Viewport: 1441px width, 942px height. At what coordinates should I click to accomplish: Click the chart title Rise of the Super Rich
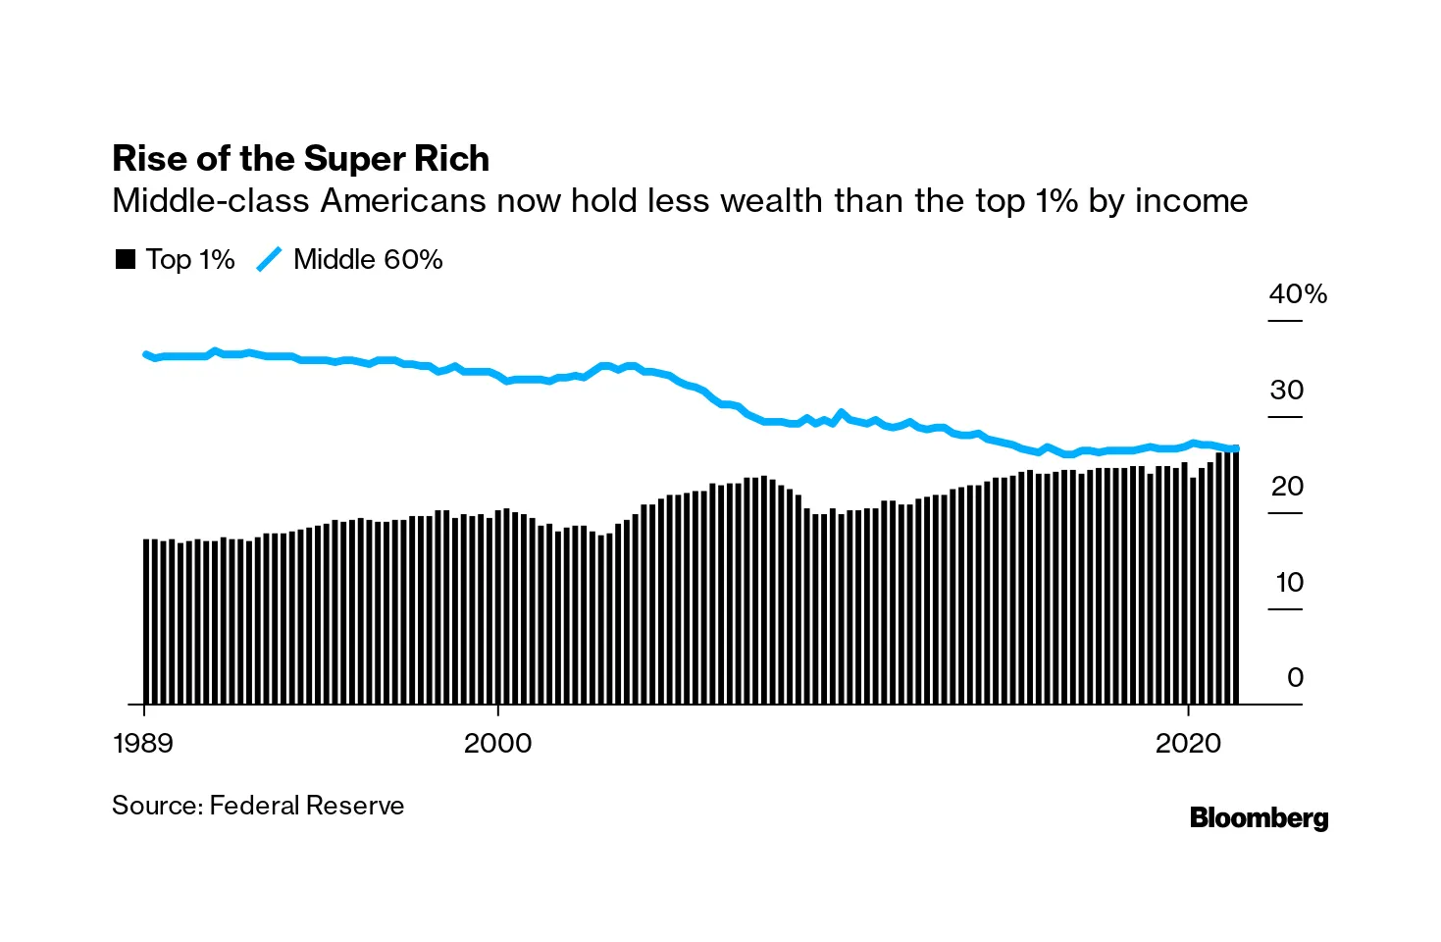[x=300, y=159]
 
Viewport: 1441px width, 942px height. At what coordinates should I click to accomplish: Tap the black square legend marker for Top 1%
[x=126, y=259]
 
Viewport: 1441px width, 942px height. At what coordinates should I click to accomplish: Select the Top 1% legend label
[x=190, y=259]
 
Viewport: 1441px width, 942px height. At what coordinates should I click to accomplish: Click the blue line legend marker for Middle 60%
[x=269, y=259]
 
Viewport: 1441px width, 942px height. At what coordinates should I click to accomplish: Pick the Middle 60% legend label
[x=368, y=259]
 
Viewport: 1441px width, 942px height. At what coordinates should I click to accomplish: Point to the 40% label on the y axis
[x=1297, y=293]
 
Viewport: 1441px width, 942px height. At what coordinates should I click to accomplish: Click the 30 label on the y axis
[x=1286, y=390]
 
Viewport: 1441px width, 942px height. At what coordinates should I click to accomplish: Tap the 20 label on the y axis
[x=1286, y=486]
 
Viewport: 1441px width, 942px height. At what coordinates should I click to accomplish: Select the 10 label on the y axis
[x=1288, y=582]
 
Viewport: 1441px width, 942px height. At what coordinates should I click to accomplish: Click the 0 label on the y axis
[x=1295, y=677]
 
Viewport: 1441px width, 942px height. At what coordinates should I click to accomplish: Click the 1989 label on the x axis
[x=143, y=743]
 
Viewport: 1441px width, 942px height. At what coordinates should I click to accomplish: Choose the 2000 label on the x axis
[x=497, y=743]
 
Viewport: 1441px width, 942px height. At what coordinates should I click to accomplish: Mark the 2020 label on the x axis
[x=1188, y=743]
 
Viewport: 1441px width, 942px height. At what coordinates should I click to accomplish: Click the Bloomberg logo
[x=1259, y=817]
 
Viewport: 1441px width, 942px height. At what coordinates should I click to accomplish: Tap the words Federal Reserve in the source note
[x=307, y=806]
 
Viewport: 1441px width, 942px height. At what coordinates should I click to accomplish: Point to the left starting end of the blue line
[x=145, y=354]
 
